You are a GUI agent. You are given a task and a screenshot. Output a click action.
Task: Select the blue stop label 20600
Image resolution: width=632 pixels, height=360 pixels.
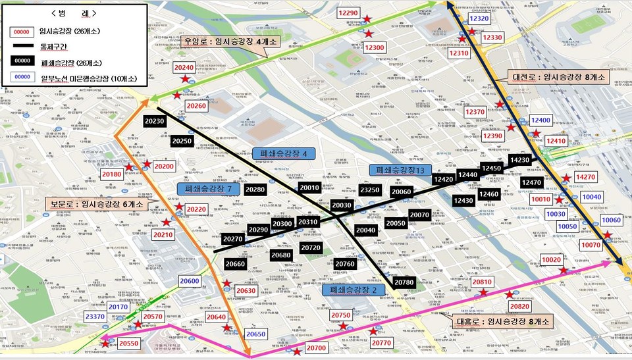click(x=189, y=281)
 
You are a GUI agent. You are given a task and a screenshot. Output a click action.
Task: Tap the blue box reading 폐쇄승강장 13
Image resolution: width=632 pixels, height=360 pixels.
click(x=401, y=170)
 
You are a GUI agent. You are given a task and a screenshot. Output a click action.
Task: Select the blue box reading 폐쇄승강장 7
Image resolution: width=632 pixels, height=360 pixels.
click(x=207, y=189)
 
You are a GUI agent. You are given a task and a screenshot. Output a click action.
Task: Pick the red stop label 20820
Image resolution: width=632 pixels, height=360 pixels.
click(x=519, y=306)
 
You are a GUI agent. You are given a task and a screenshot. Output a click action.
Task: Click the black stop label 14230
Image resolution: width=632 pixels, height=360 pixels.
click(x=519, y=159)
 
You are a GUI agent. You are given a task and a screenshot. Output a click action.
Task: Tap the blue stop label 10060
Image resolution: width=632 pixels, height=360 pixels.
click(x=610, y=220)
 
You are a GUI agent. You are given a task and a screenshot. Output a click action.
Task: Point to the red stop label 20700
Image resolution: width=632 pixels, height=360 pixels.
click(x=317, y=347)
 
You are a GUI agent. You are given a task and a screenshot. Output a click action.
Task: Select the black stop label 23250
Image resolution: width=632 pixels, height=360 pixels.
click(x=369, y=190)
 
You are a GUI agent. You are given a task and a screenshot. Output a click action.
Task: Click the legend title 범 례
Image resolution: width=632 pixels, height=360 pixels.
click(x=72, y=13)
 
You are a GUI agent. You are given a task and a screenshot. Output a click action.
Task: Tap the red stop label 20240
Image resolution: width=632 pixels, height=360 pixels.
click(x=184, y=68)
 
